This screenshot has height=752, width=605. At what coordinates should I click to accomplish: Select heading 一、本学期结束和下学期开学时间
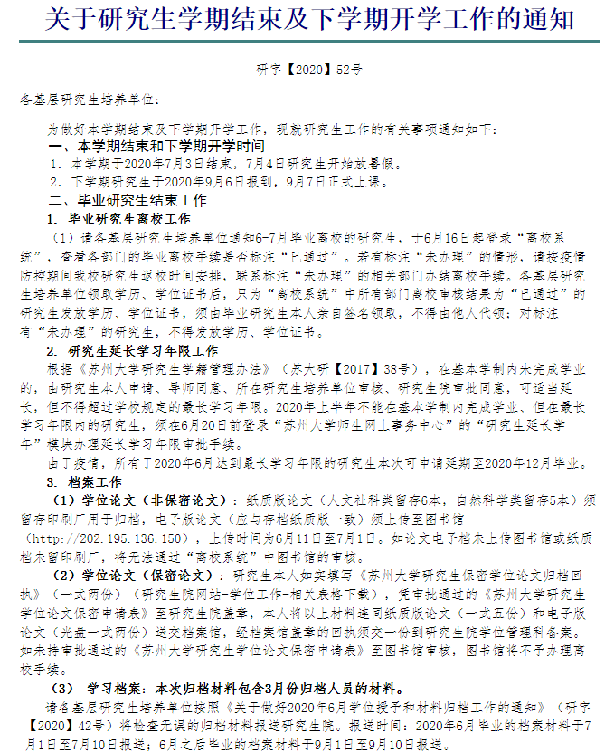[156, 146]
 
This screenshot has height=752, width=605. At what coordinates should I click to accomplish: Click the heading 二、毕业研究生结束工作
[128, 200]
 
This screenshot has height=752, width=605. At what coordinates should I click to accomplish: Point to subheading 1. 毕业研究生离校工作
[118, 219]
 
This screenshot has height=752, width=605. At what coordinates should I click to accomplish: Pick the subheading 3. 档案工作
[83, 481]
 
